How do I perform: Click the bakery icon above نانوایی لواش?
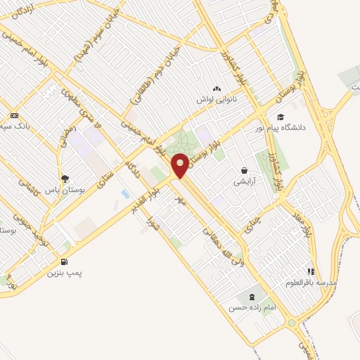click(216, 89)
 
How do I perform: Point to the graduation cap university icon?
click(281, 117)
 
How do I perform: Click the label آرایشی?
click(243, 182)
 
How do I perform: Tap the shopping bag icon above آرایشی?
click(244, 170)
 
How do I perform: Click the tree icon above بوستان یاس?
click(65, 179)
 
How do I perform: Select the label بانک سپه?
click(14, 127)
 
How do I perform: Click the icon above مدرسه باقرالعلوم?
click(310, 271)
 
